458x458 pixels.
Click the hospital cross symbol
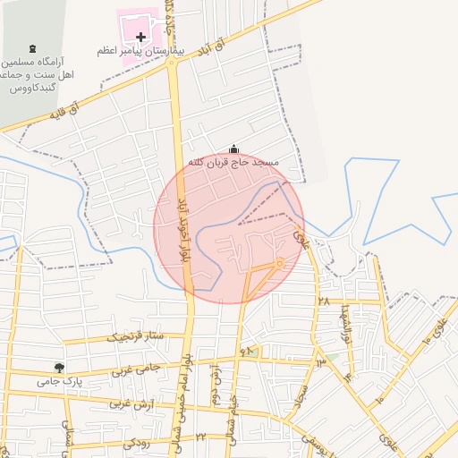pos(141,37)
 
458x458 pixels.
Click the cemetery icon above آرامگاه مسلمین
pos(33,47)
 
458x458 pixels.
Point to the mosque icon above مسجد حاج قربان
pos(234,148)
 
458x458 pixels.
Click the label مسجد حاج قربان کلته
pos(234,163)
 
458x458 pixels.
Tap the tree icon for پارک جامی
pos(59,367)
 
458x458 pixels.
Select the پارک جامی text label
pos(59,381)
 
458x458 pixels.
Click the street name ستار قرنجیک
pos(136,337)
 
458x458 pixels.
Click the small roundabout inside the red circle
pos(280,263)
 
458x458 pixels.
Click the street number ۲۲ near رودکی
pos(200,436)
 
